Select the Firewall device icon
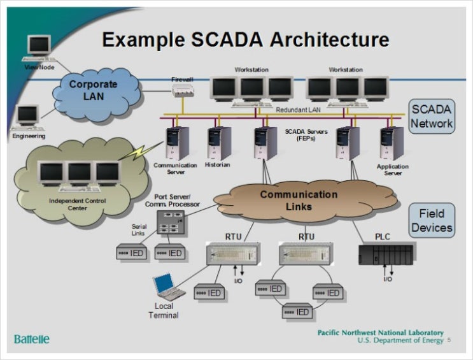(182, 91)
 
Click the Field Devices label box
(432, 220)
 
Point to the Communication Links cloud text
(299, 200)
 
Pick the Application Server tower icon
(391, 143)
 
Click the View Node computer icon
(39, 47)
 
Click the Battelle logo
(32, 338)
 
